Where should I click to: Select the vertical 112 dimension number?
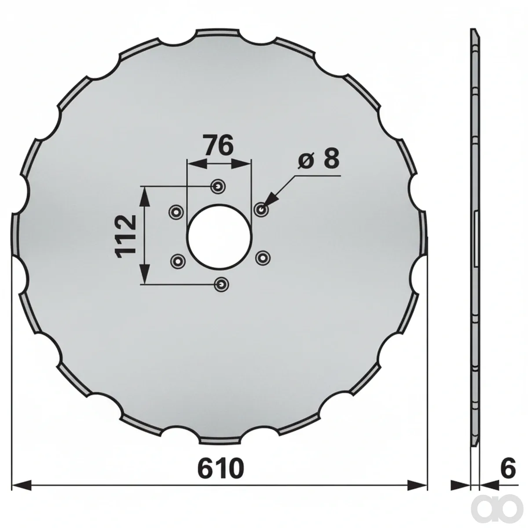pyautogui.click(x=126, y=237)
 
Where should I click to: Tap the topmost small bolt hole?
pyautogui.click(x=218, y=187)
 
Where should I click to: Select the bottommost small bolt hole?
pyautogui.click(x=221, y=285)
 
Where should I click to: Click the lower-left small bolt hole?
pyautogui.click(x=178, y=260)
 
